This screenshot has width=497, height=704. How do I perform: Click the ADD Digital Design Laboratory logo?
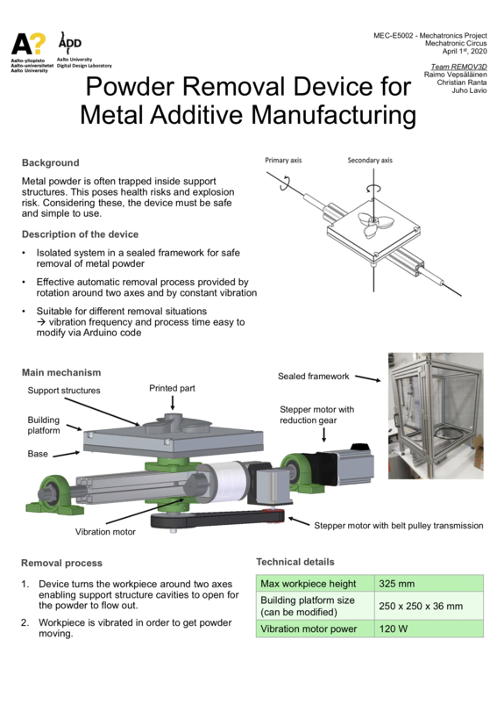click(x=72, y=44)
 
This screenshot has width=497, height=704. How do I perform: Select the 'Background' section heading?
click(x=50, y=162)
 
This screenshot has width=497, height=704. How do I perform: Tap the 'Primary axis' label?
click(x=283, y=161)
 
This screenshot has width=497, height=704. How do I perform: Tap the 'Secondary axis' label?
click(x=370, y=161)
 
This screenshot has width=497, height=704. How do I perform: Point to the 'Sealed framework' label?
click(x=313, y=377)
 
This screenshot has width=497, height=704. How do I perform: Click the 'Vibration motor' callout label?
click(x=106, y=531)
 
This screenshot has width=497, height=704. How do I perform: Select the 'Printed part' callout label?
click(x=172, y=388)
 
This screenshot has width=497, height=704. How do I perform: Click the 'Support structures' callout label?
click(x=64, y=390)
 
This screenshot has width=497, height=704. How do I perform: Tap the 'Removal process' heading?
click(x=61, y=563)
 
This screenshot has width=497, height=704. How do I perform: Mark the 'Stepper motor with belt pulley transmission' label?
click(x=398, y=525)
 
